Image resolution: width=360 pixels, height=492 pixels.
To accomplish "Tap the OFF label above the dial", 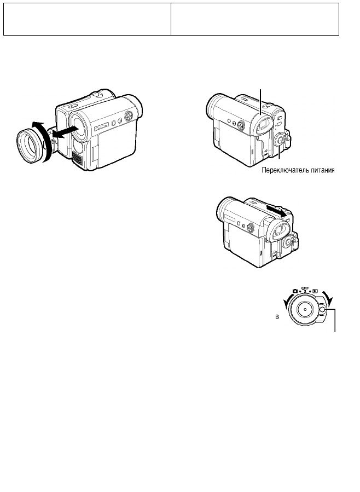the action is pyautogui.click(x=305, y=288).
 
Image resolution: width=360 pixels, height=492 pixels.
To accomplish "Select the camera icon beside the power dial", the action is pyautogui.click(x=295, y=291).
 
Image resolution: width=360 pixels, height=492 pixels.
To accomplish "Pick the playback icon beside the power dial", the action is pyautogui.click(x=315, y=291).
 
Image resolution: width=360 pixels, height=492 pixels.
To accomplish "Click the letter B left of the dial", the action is pyautogui.click(x=277, y=317).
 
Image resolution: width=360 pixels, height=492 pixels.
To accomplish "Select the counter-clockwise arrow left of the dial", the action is pyautogui.click(x=286, y=303).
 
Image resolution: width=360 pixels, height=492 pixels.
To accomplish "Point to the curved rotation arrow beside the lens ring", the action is pyautogui.click(x=45, y=138).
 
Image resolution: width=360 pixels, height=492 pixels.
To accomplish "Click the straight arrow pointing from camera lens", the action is pyautogui.click(x=65, y=131).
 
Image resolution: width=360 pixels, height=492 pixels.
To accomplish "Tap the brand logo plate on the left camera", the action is pyautogui.click(x=102, y=126).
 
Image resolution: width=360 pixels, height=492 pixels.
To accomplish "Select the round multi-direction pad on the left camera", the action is pyautogui.click(x=128, y=116).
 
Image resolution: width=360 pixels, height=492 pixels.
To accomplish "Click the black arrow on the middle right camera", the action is pyautogui.click(x=277, y=210).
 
